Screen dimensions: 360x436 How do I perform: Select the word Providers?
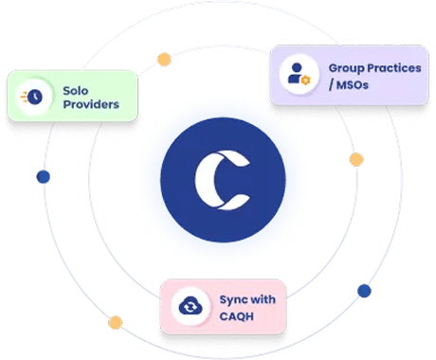(92, 104)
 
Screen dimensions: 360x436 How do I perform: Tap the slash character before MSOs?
(333, 86)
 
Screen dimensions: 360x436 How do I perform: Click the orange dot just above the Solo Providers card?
(165, 60)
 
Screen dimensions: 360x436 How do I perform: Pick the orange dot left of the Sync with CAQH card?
(116, 321)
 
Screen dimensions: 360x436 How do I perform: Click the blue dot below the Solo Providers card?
(42, 176)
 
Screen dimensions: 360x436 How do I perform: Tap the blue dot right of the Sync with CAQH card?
(363, 291)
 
